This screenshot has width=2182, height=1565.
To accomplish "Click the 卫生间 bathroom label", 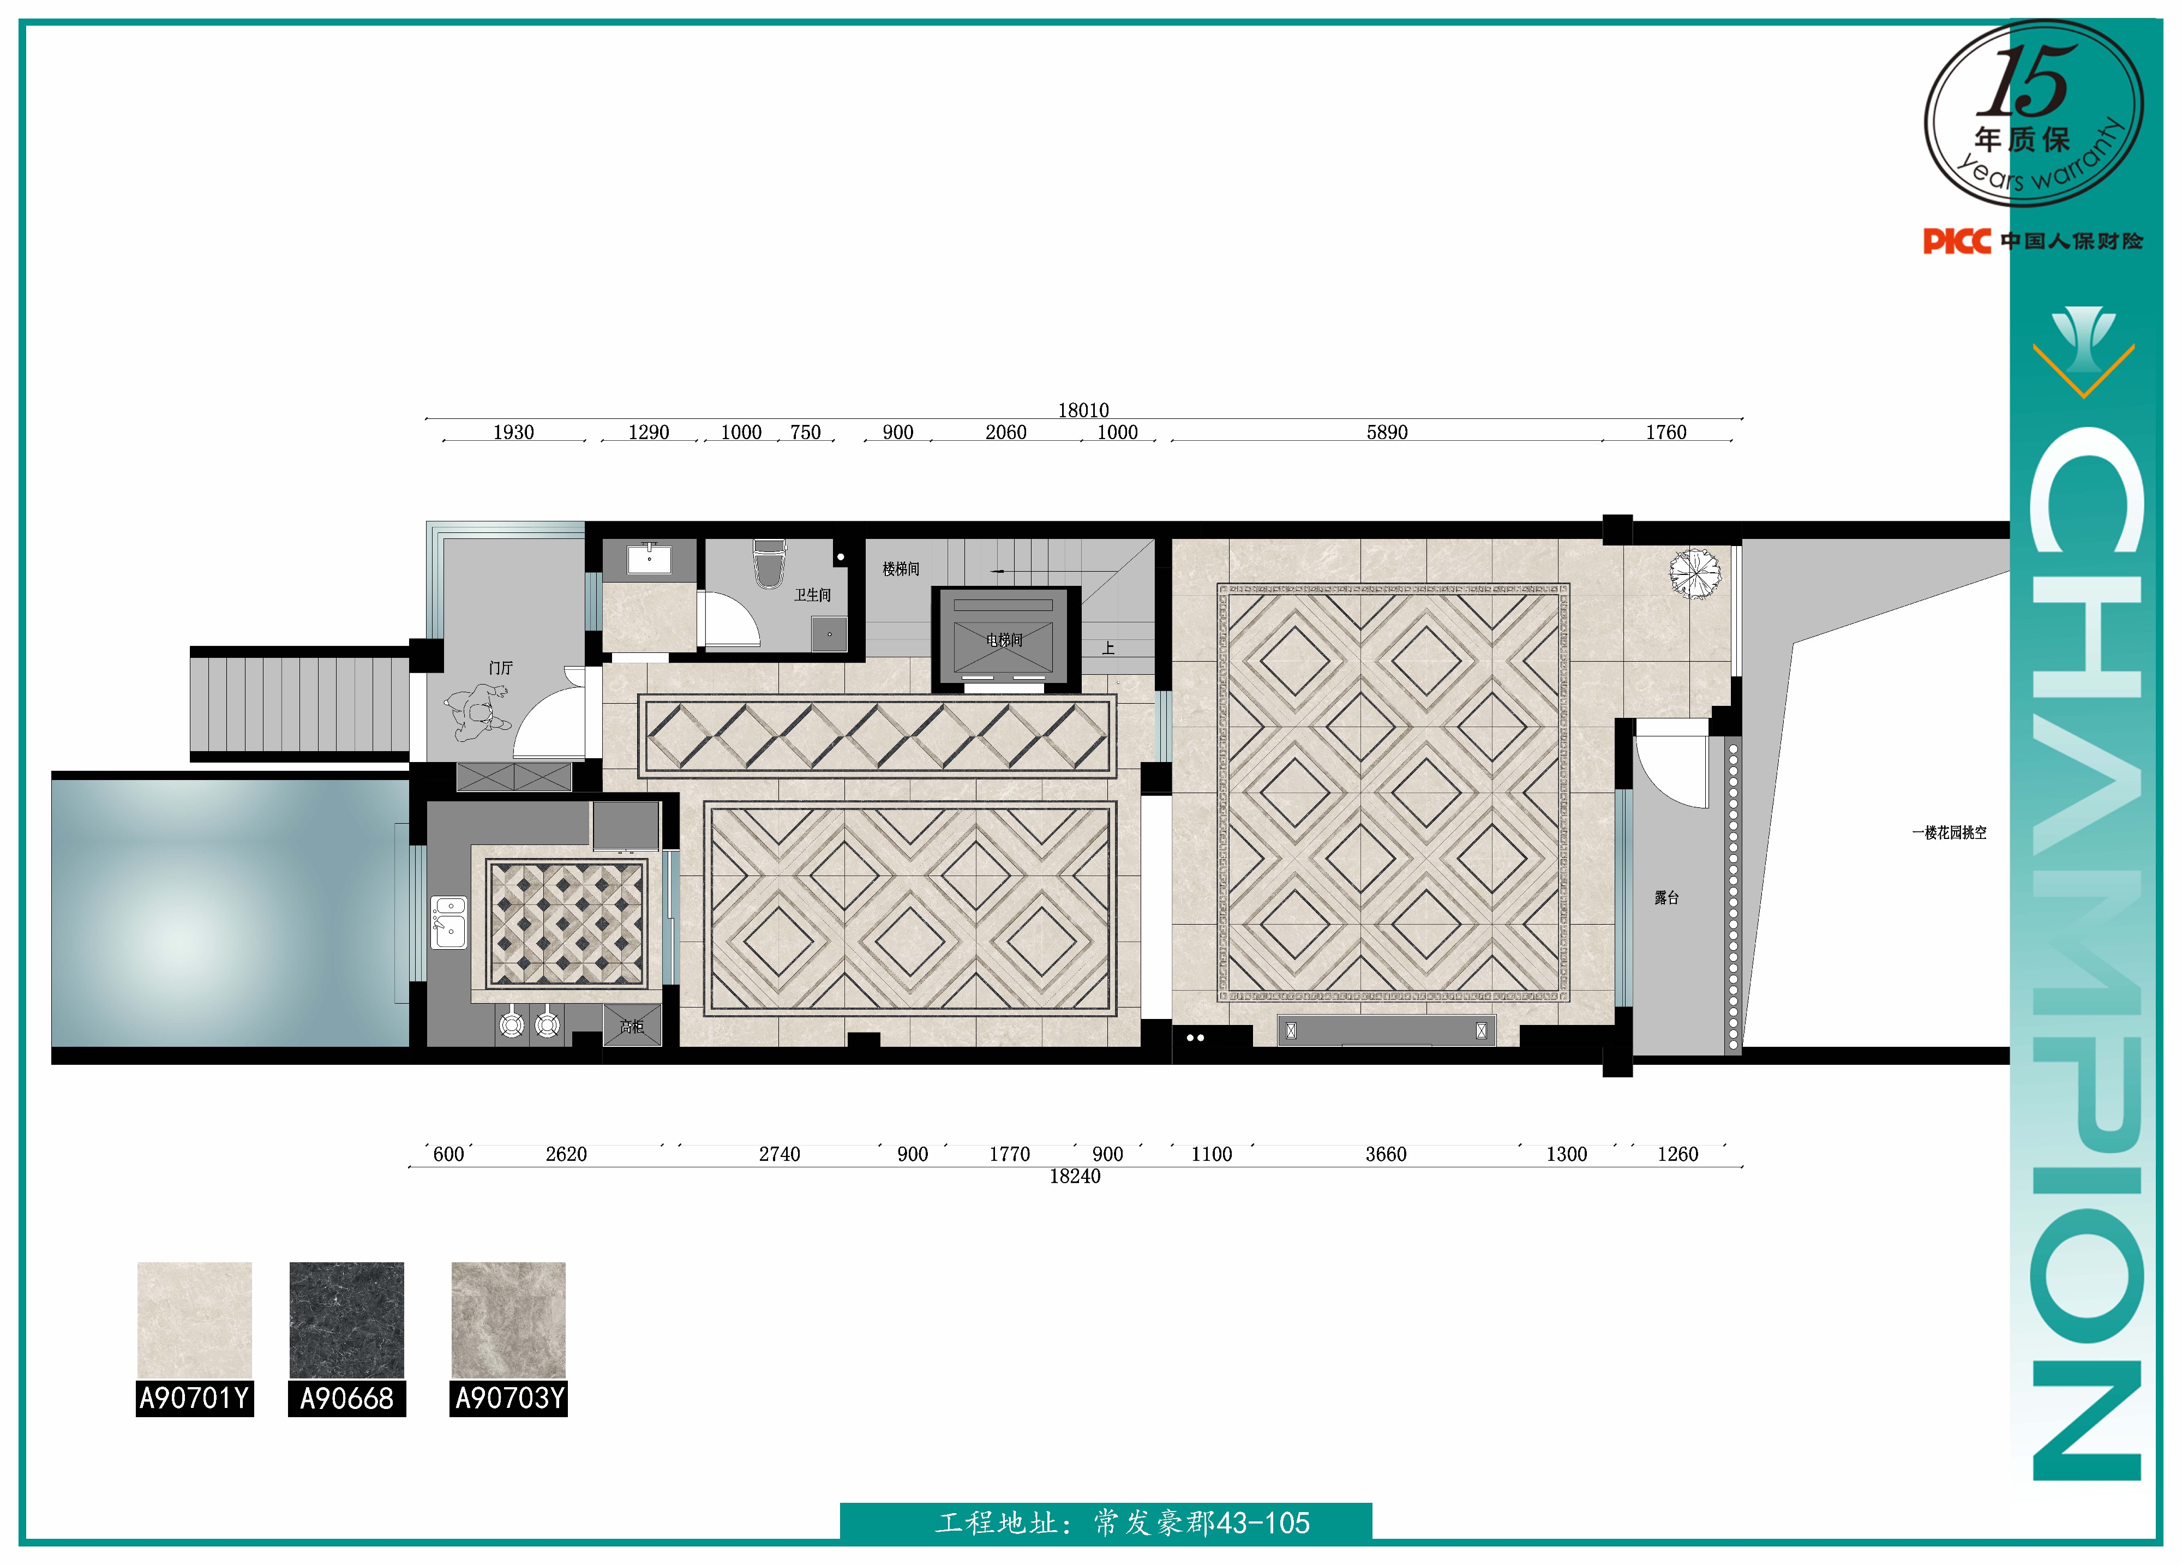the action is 812,596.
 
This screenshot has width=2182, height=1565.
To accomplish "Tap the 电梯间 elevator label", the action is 1004,640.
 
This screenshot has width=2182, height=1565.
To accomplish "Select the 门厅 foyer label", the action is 500,668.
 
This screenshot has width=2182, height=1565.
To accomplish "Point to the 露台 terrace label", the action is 1667,897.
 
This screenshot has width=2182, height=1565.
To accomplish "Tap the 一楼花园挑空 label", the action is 1949,833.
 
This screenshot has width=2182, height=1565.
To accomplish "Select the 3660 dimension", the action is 1386,1154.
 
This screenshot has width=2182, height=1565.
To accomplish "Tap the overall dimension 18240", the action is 1075,1177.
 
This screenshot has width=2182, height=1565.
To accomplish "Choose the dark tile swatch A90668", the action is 346,1320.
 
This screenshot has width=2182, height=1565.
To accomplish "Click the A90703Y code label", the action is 509,1398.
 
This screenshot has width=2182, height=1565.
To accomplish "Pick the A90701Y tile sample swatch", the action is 194,1320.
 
